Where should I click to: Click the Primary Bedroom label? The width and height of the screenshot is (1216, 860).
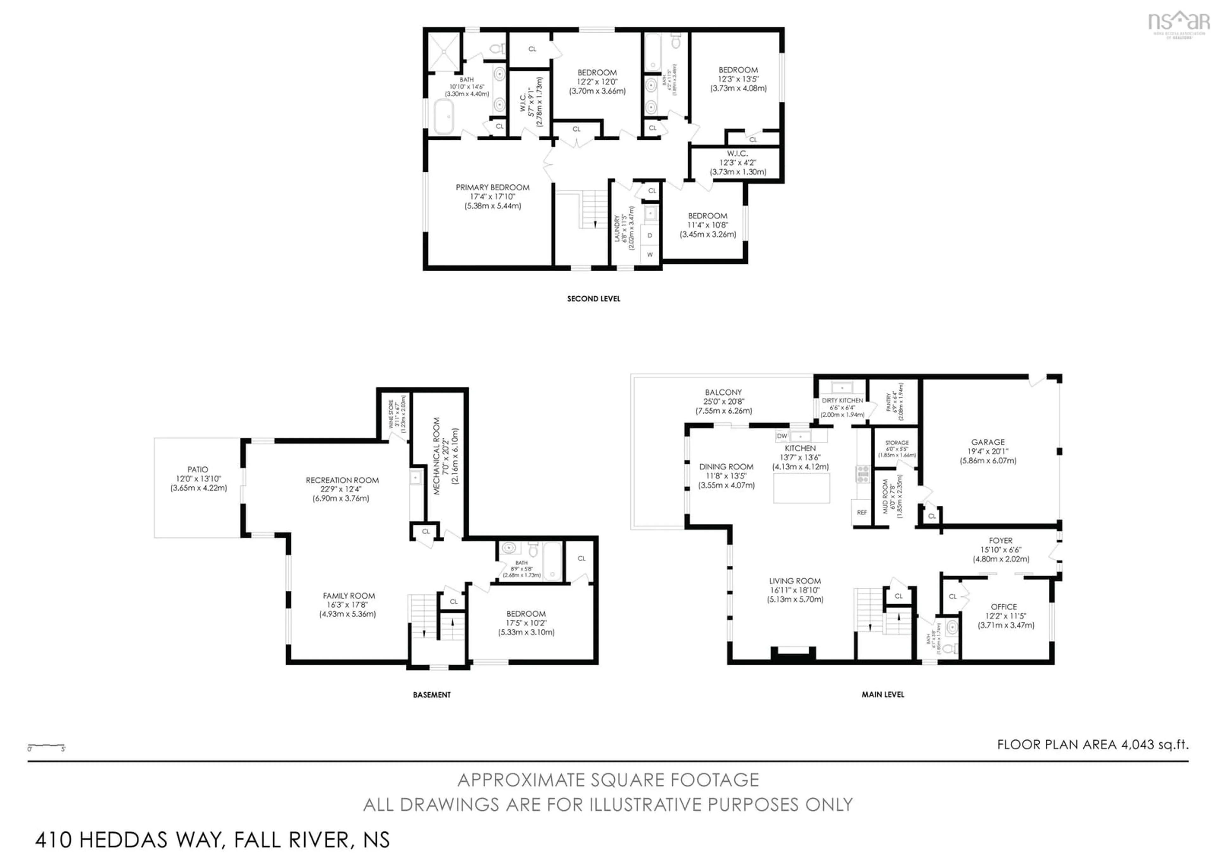tap(492, 188)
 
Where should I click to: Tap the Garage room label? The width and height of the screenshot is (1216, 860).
tap(988, 442)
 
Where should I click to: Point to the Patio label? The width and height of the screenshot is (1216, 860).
tap(198, 470)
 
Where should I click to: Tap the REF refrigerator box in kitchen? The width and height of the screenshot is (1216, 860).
tap(862, 512)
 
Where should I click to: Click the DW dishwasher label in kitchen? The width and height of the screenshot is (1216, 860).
tap(782, 436)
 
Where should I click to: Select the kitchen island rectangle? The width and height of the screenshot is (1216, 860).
tap(801, 488)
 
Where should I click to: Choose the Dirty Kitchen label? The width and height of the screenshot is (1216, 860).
tap(842, 401)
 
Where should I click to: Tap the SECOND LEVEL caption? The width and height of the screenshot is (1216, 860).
tap(593, 299)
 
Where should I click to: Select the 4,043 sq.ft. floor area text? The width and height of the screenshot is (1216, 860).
tap(1155, 744)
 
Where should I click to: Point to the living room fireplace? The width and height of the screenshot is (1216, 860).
tap(793, 654)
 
